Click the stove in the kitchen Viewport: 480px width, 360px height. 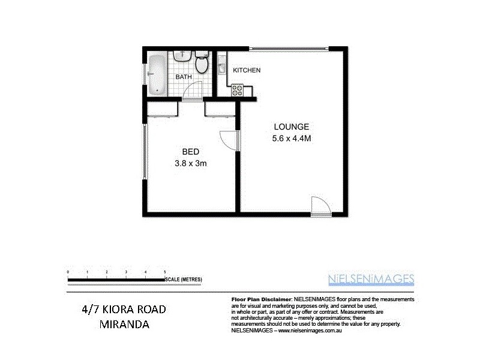[x=236, y=91]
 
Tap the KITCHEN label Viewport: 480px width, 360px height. [x=247, y=70]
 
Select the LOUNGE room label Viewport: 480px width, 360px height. [x=291, y=127]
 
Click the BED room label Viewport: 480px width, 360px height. [x=190, y=151]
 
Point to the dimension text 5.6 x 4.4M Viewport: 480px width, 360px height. [x=291, y=139]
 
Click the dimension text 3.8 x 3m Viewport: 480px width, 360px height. [x=190, y=163]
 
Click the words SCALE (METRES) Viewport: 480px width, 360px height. [x=184, y=279]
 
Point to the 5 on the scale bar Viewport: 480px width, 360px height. [x=164, y=272]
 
